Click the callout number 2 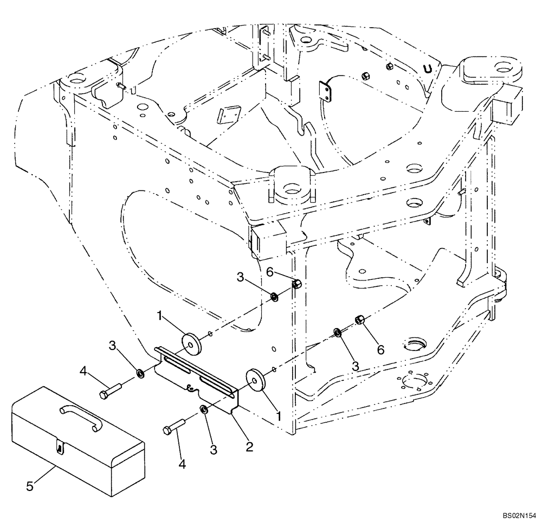click(249, 447)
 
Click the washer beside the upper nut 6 click(275, 297)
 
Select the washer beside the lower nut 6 click(337, 332)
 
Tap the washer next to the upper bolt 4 click(140, 374)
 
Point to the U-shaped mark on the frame click(428, 69)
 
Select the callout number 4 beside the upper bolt click(83, 372)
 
